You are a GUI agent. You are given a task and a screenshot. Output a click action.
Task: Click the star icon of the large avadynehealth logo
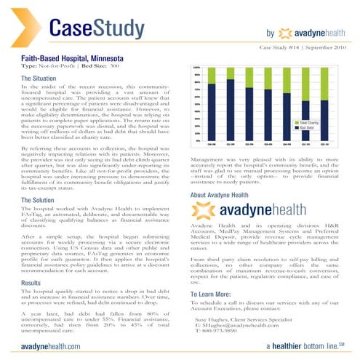point(203,212)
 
